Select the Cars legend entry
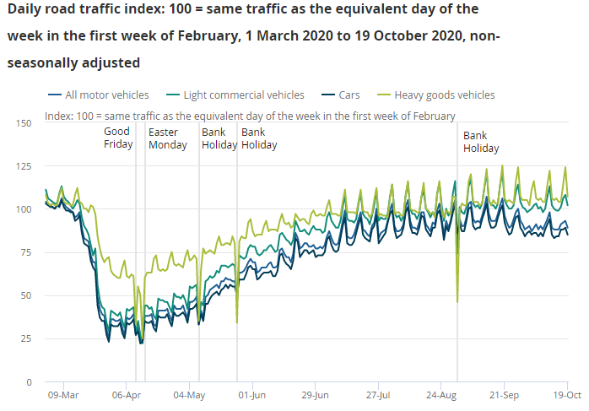(x=349, y=95)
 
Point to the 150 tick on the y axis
(x=24, y=123)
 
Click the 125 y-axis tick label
(x=24, y=166)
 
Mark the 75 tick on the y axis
(x=26, y=252)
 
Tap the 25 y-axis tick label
(x=26, y=338)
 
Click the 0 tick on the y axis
(x=29, y=381)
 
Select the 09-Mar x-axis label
(x=63, y=394)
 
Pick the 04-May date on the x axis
(x=190, y=394)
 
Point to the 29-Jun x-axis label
(x=315, y=394)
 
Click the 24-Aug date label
(x=440, y=394)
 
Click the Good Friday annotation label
(x=118, y=138)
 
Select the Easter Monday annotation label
(x=167, y=138)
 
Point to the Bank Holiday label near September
(x=481, y=142)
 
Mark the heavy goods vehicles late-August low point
(x=457, y=301)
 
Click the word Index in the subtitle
(x=58, y=116)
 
